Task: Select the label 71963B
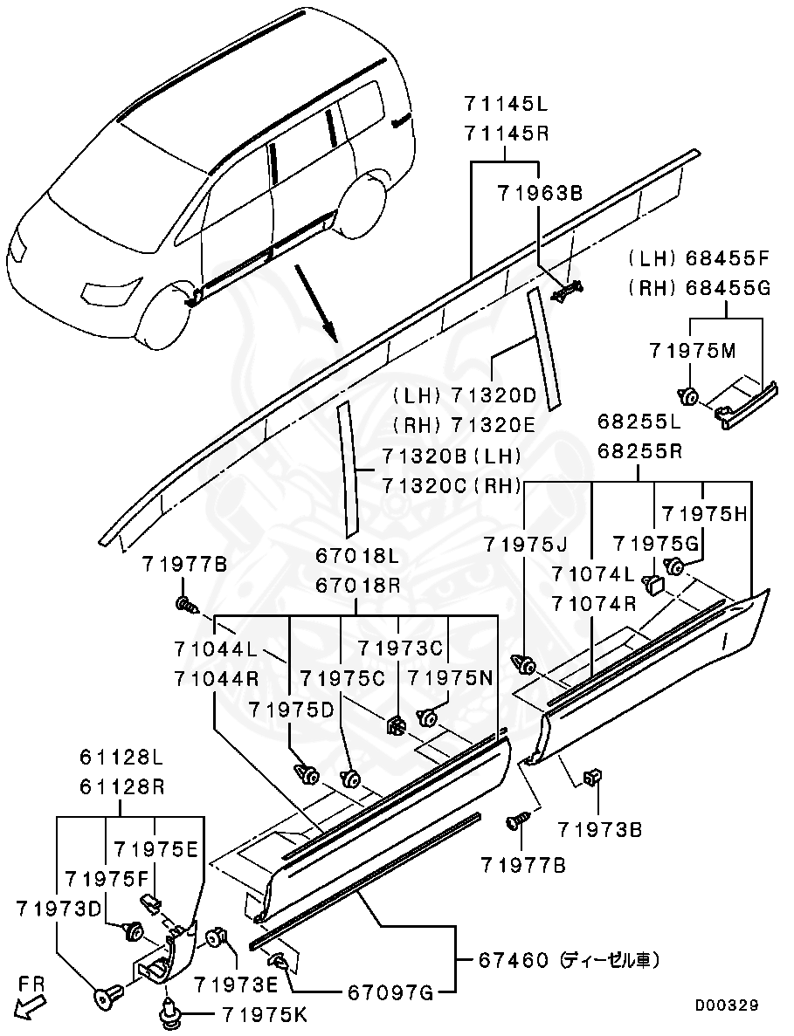538,194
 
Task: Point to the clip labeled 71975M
688,397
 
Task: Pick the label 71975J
526,545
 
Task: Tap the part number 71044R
215,677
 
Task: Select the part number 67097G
390,992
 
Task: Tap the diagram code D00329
726,1005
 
